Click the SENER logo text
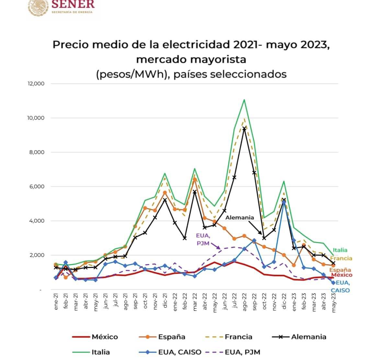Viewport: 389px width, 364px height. pos(73,5)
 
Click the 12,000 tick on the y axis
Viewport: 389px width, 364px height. pos(36,83)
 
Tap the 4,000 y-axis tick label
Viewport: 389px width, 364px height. pos(36,221)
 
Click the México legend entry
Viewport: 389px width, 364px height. pos(105,337)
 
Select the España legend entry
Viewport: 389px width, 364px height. pos(171,337)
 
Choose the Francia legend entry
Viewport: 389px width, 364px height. pos(238,337)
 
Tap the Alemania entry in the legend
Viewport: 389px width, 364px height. pos(308,337)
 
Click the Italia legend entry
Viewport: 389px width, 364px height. pos(100,352)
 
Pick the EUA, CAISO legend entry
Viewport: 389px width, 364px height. pos(179,352)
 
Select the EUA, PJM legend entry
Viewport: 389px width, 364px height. pos(242,352)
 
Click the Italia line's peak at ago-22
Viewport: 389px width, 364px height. pos(244,100)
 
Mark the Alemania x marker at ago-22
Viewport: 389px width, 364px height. pos(244,128)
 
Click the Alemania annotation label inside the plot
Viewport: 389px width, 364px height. pos(240,217)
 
